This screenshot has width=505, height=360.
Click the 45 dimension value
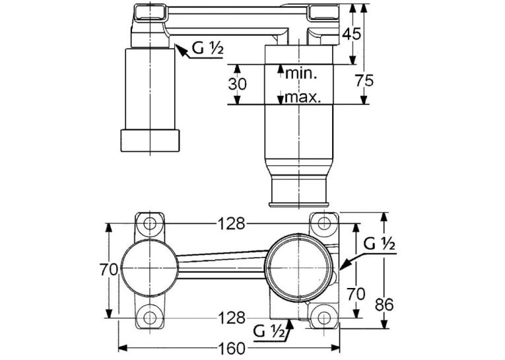coord(351,33)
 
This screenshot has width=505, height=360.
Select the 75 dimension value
coord(364,80)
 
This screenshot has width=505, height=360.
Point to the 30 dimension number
coord(237,84)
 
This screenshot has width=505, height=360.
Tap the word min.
coord(302,74)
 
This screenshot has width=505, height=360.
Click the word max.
coord(303,96)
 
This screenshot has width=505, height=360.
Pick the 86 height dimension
coord(385,304)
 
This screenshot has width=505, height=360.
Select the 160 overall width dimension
coord(231,348)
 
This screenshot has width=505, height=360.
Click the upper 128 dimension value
coord(232,223)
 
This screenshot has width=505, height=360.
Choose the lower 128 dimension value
coord(232,318)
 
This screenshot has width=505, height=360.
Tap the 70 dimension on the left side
coord(108,270)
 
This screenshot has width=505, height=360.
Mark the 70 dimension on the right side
coord(356,293)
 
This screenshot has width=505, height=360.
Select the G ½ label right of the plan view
coord(379,244)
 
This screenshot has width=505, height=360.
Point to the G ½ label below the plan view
coord(269,332)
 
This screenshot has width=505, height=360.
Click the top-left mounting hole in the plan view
coord(150,223)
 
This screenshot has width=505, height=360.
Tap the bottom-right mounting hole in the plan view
coord(324,318)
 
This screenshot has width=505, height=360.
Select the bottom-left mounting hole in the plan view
coord(150,318)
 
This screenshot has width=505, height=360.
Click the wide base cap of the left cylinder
coord(150,141)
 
